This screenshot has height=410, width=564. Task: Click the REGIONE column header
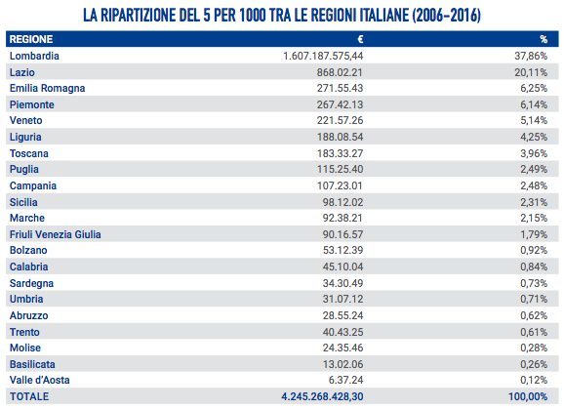point(31,39)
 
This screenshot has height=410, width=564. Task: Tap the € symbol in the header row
point(360,39)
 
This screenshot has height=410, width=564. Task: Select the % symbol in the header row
point(544,39)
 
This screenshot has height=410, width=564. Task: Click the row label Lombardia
point(34,56)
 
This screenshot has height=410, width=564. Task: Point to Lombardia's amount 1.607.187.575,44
point(323,56)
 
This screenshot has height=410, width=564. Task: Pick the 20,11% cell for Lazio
point(531,72)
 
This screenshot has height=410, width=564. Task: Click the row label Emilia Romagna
point(47,88)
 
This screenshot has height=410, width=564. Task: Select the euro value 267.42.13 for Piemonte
point(340,104)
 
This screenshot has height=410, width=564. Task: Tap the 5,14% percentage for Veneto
point(534,120)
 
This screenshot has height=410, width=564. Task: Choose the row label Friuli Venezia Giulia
point(55,234)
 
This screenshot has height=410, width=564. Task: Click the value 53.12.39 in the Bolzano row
point(342,250)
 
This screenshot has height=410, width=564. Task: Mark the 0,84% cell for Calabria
point(534,266)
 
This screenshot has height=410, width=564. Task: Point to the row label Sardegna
point(31,283)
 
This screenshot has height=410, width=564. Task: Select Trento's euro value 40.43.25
point(342,332)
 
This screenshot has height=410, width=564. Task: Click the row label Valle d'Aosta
point(40,380)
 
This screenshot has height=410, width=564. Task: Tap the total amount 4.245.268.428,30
point(322,396)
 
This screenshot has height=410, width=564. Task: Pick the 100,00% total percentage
point(528,396)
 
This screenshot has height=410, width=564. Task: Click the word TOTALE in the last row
point(29,396)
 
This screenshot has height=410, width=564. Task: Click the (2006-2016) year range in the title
point(446,15)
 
